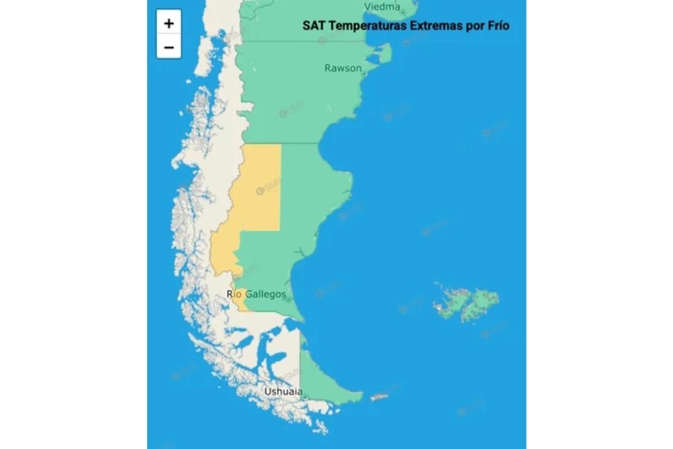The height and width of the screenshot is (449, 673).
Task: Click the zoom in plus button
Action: pos(169,22)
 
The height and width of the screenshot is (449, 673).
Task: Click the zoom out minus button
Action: pos(169,46)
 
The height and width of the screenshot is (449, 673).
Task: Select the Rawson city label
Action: pos(342,68)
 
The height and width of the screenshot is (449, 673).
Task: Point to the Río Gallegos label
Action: pos(256,294)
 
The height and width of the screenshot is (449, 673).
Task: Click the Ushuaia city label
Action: pos(283,392)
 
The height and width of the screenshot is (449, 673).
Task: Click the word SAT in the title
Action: pos(313,26)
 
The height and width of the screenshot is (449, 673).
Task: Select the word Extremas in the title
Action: pos(436,26)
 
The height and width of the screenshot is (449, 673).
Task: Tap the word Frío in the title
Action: pos(497,26)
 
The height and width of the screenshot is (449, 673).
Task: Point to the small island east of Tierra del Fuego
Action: pos(378,397)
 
